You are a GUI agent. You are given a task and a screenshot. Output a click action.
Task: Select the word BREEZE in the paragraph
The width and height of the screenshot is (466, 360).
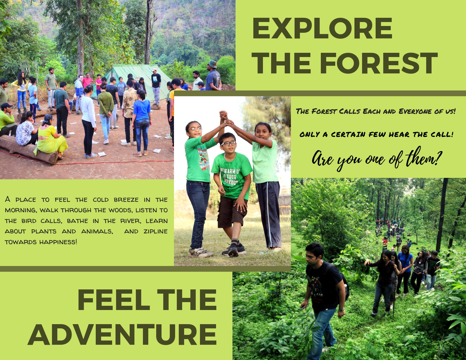(126, 200)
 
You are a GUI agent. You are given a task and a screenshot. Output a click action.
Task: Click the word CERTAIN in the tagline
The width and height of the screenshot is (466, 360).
(348, 134)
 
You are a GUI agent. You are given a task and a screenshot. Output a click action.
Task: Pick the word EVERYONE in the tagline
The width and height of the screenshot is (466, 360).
(415, 111)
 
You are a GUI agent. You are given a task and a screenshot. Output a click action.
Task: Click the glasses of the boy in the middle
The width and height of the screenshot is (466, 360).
(228, 143)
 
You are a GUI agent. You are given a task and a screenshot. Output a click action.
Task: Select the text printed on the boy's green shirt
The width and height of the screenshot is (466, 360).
(230, 176)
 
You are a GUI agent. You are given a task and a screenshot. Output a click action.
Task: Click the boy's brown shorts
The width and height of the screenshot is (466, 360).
(232, 212)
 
